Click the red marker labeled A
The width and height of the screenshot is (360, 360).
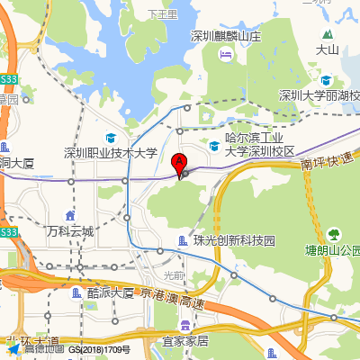(x=179, y=165)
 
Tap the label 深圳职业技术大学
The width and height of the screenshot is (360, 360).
(x=111, y=153)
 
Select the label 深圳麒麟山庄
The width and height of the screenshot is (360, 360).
(x=226, y=37)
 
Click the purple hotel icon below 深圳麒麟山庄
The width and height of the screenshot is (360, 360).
(x=226, y=54)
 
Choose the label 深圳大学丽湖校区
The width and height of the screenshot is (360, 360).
(x=319, y=96)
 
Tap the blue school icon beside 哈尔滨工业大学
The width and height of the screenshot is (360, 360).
(x=214, y=145)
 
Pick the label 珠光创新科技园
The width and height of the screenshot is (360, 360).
(x=233, y=240)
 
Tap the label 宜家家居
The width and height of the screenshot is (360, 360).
(x=185, y=341)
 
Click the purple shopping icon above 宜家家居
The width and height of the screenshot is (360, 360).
(x=185, y=325)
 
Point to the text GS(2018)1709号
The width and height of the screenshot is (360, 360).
(x=100, y=349)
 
